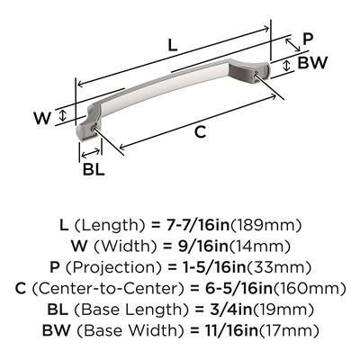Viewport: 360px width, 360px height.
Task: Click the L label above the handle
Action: pyautogui.click(x=173, y=45)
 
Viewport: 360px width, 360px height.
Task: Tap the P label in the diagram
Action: pyautogui.click(x=308, y=39)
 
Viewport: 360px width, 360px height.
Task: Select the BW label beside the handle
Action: pyautogui.click(x=311, y=63)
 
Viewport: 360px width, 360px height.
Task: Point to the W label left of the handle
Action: pyautogui.click(x=42, y=118)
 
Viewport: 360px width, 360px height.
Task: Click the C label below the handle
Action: pyautogui.click(x=200, y=131)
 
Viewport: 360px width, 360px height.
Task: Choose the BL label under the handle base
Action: pyautogui.click(x=94, y=169)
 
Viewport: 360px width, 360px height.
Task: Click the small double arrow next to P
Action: pyautogui.click(x=292, y=45)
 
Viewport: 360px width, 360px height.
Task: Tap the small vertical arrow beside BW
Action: pyautogui.click(x=287, y=66)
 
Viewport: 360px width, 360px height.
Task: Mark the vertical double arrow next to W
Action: pyautogui.click(x=62, y=115)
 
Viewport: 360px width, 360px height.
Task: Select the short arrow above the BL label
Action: pyautogui.click(x=91, y=153)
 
